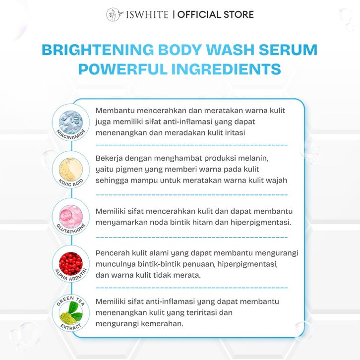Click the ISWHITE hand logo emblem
tap(114, 14)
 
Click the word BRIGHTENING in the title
tap(98, 50)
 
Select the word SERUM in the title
tap(288, 50)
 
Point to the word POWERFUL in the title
tap(122, 69)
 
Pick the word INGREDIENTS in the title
tap(226, 69)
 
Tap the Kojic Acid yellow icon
tap(71, 170)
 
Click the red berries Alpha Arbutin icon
tap(71, 264)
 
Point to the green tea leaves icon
tap(71, 313)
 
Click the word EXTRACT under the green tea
tap(71, 327)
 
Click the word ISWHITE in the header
tap(147, 14)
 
